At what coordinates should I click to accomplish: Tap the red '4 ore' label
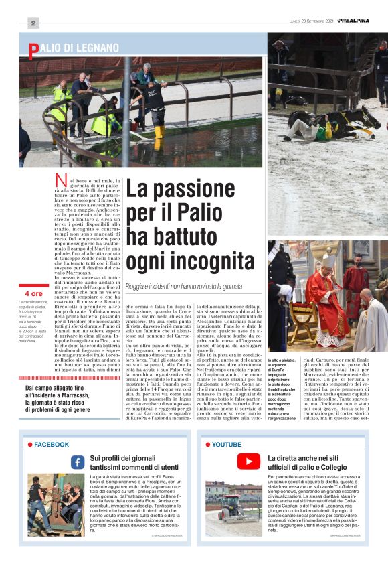click(33, 293)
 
